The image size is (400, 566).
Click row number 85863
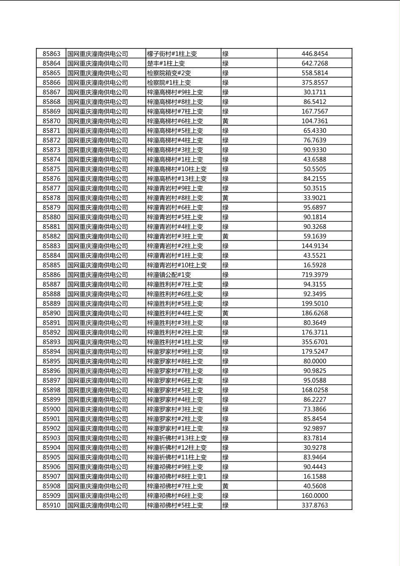[51, 54]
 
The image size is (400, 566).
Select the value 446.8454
[314, 54]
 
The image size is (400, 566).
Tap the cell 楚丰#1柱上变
[166, 63]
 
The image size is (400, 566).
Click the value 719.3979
[314, 274]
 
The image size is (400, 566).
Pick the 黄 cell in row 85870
[226, 121]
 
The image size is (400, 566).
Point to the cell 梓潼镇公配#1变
[169, 274]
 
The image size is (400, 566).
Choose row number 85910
[51, 505]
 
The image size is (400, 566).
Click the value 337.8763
[314, 505]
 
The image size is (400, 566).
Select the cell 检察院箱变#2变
[169, 73]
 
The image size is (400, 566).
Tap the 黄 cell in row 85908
[226, 486]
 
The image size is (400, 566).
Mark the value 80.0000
[314, 361]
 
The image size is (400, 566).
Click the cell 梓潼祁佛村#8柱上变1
[177, 476]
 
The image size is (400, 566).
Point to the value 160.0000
[314, 496]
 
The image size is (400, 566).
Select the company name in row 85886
[98, 274]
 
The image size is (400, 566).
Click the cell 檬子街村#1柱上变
[172, 54]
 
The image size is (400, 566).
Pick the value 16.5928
[314, 265]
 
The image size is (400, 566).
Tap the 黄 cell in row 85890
[226, 313]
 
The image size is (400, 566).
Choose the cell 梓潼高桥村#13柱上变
[177, 179]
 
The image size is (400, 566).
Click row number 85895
[51, 361]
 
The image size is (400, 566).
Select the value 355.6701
[314, 342]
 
